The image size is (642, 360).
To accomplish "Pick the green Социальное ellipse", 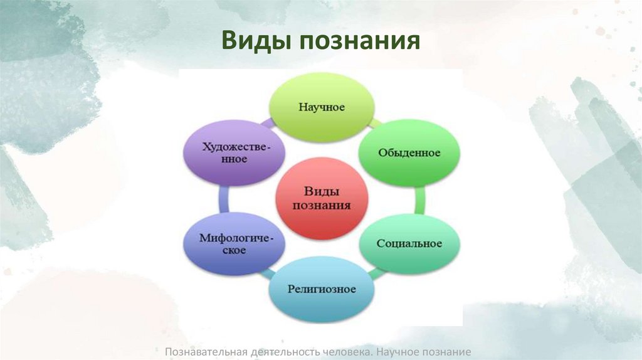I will pos(409,243).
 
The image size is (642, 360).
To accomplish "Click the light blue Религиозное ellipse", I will pos(322,289).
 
